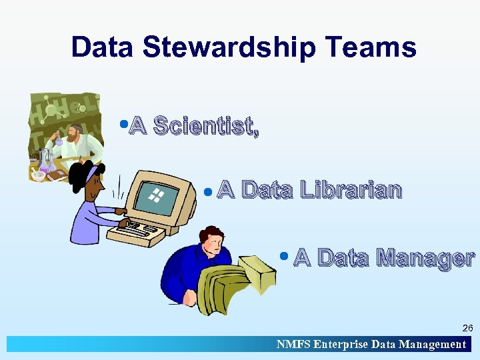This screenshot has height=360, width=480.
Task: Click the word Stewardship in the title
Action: [x=228, y=48]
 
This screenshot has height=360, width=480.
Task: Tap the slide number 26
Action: [x=467, y=328]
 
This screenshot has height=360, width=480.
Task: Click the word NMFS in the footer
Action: [x=293, y=345]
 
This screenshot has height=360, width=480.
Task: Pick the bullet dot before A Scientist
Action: [x=124, y=122]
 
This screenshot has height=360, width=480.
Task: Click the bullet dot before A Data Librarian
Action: [x=208, y=192]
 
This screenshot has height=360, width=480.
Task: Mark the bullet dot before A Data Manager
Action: [x=285, y=255]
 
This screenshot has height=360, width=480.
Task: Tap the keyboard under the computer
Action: [x=137, y=231]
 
